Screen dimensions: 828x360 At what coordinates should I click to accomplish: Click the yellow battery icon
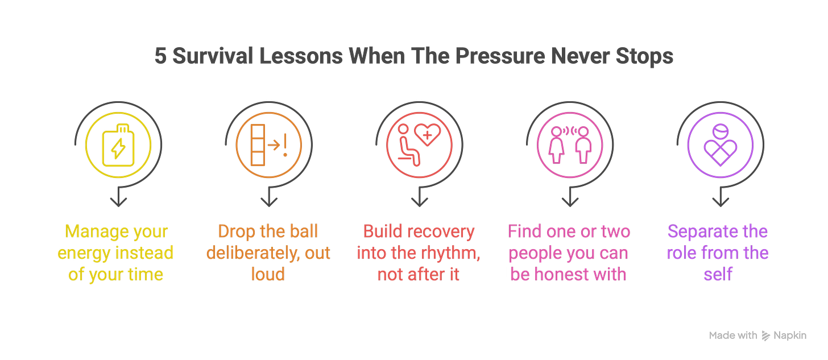pyautogui.click(x=118, y=145)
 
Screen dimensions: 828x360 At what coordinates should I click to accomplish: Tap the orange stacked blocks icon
pyautogui.click(x=258, y=145)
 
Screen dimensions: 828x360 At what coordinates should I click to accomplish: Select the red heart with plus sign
pyautogui.click(x=427, y=135)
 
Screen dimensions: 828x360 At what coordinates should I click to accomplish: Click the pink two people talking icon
pyautogui.click(x=570, y=145)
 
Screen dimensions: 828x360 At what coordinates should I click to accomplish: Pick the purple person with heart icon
pyautogui.click(x=721, y=145)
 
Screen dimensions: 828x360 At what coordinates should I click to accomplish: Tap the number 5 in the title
pyautogui.click(x=160, y=56)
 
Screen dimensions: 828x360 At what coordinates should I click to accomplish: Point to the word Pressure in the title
pyautogui.click(x=500, y=56)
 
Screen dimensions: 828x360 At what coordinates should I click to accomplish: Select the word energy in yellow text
pyautogui.click(x=84, y=254)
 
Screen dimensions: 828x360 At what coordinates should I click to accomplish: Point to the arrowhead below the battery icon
pyautogui.click(x=118, y=202)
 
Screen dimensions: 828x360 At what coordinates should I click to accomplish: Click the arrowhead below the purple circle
pyautogui.click(x=721, y=202)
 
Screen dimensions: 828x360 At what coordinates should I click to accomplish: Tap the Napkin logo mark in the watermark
pyautogui.click(x=765, y=336)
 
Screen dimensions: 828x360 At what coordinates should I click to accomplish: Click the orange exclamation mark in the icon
pyautogui.click(x=285, y=145)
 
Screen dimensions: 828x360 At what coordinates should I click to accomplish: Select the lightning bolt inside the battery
pyautogui.click(x=118, y=148)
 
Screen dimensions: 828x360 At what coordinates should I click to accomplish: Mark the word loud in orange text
pyautogui.click(x=268, y=274)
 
